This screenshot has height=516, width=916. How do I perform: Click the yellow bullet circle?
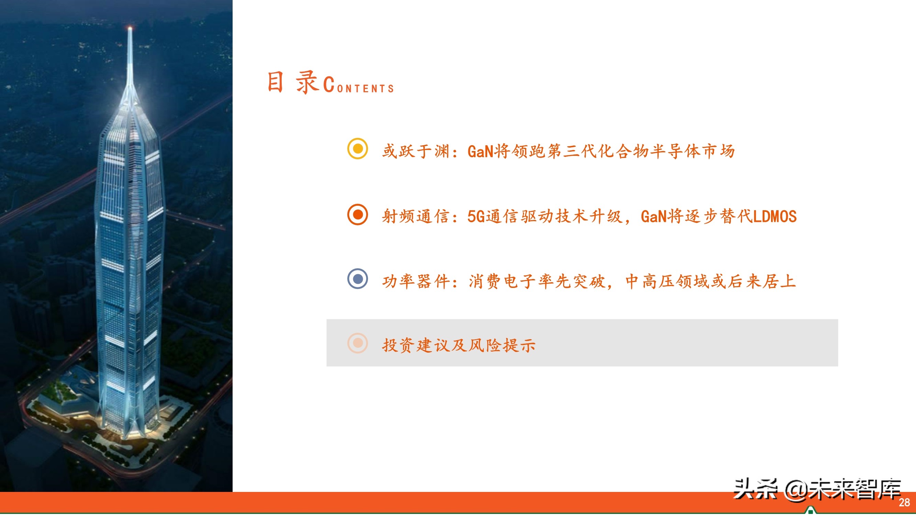[357, 149]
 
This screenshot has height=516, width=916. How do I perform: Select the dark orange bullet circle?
[357, 214]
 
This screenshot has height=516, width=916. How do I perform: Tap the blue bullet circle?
[357, 279]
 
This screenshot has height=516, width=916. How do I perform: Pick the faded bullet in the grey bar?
[357, 343]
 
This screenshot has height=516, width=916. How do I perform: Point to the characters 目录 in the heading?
[292, 83]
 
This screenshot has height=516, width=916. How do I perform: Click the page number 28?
[904, 503]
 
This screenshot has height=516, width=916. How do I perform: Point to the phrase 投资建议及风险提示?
[458, 345]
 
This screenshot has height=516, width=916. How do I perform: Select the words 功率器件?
[416, 281]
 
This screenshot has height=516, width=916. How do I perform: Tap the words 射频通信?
[416, 216]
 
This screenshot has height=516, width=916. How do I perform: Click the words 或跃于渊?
[416, 151]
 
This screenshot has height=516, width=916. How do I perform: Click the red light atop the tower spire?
[130, 28]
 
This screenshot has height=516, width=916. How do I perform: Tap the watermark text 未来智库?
[855, 490]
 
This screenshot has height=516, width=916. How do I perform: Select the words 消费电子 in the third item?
[503, 281]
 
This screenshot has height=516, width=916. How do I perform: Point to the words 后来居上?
[762, 281]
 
